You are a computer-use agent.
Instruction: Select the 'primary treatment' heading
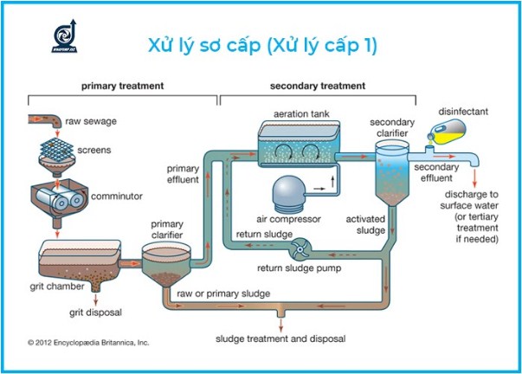[x=122, y=87]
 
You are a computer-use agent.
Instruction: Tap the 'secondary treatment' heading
[x=318, y=87]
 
